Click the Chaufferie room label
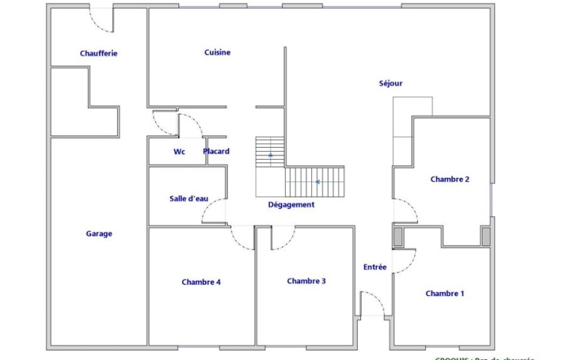tap(99, 53)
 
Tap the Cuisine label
tap(217, 52)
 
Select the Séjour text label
tap(391, 83)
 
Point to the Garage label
tap(99, 233)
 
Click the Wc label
tap(179, 152)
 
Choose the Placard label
tap(216, 151)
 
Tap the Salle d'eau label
tap(188, 199)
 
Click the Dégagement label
tap(291, 204)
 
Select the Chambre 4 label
tap(201, 282)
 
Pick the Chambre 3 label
tap(306, 281)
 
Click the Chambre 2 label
tap(450, 179)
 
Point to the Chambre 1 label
tap(444, 294)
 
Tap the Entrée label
tap(375, 267)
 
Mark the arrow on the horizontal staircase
tap(317, 182)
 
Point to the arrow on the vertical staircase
tap(270, 154)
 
